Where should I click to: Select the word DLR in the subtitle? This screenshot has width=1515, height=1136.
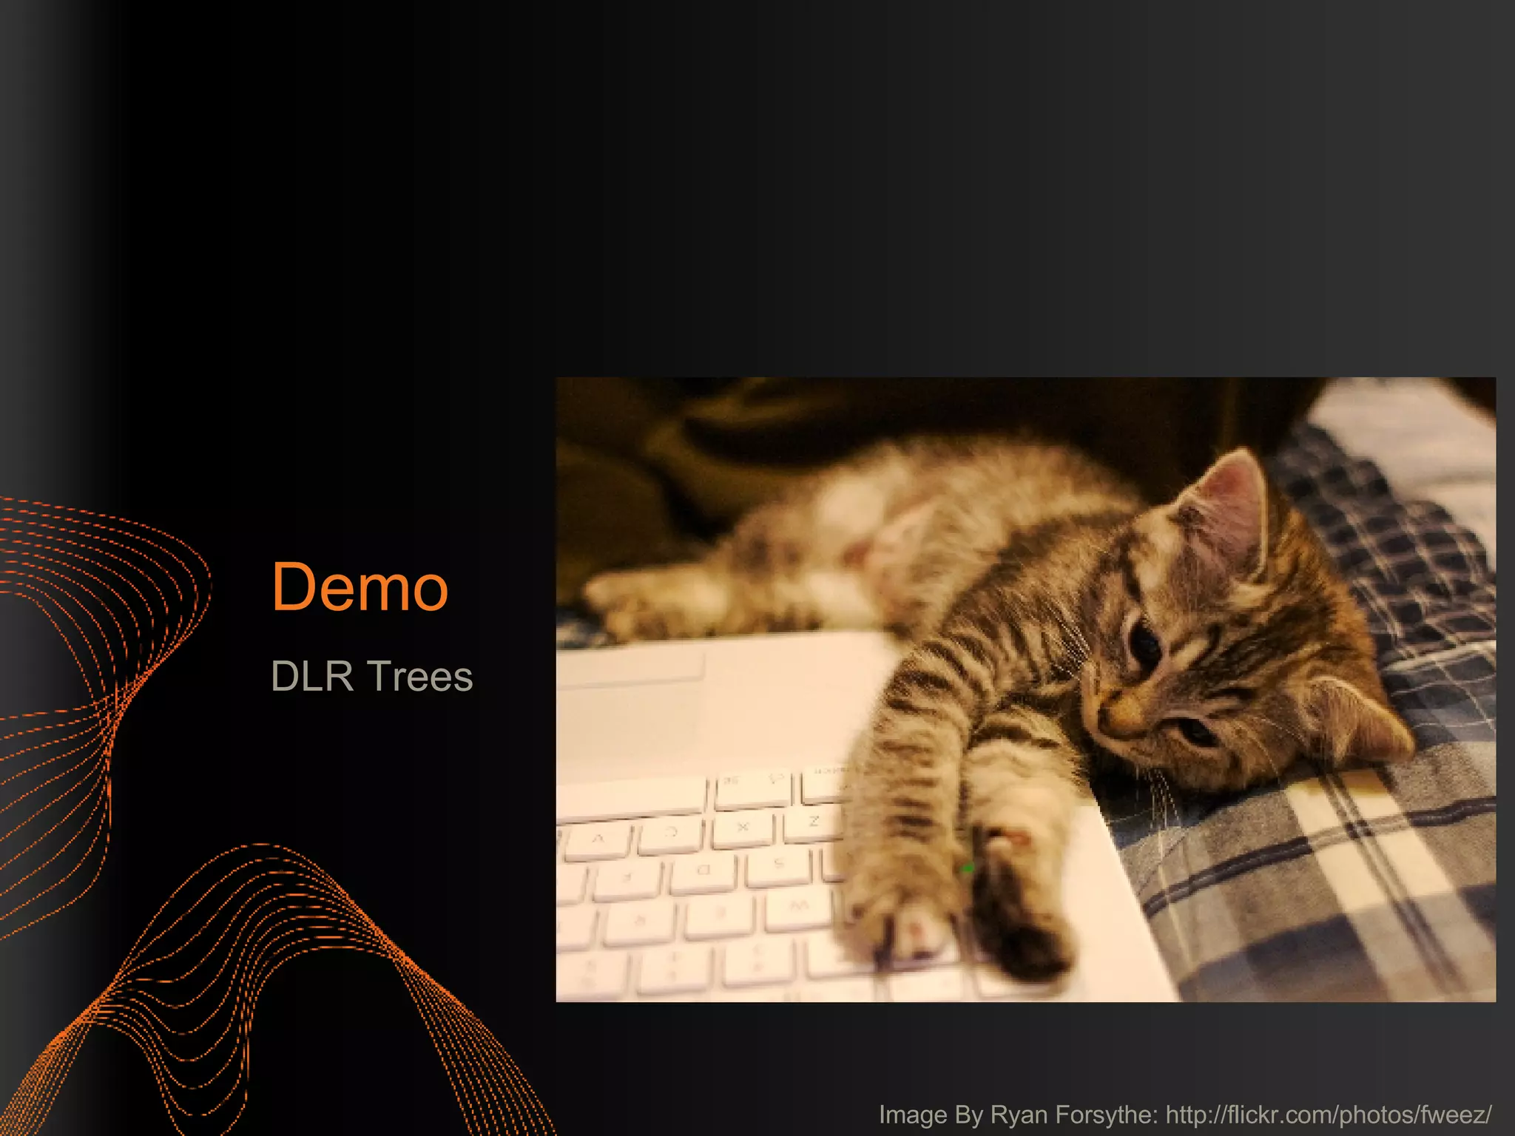[x=311, y=676]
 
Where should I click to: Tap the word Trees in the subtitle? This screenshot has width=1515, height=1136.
[x=420, y=676]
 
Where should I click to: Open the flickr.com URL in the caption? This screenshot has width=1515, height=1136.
[x=1329, y=1114]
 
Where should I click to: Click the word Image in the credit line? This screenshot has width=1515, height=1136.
[x=912, y=1114]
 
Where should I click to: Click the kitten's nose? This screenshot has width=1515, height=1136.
[x=1110, y=721]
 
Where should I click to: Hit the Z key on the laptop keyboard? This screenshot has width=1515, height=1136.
[x=814, y=822]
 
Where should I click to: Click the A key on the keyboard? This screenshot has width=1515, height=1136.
[x=598, y=840]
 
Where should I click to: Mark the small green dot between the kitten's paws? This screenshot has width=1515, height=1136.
[x=967, y=868]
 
